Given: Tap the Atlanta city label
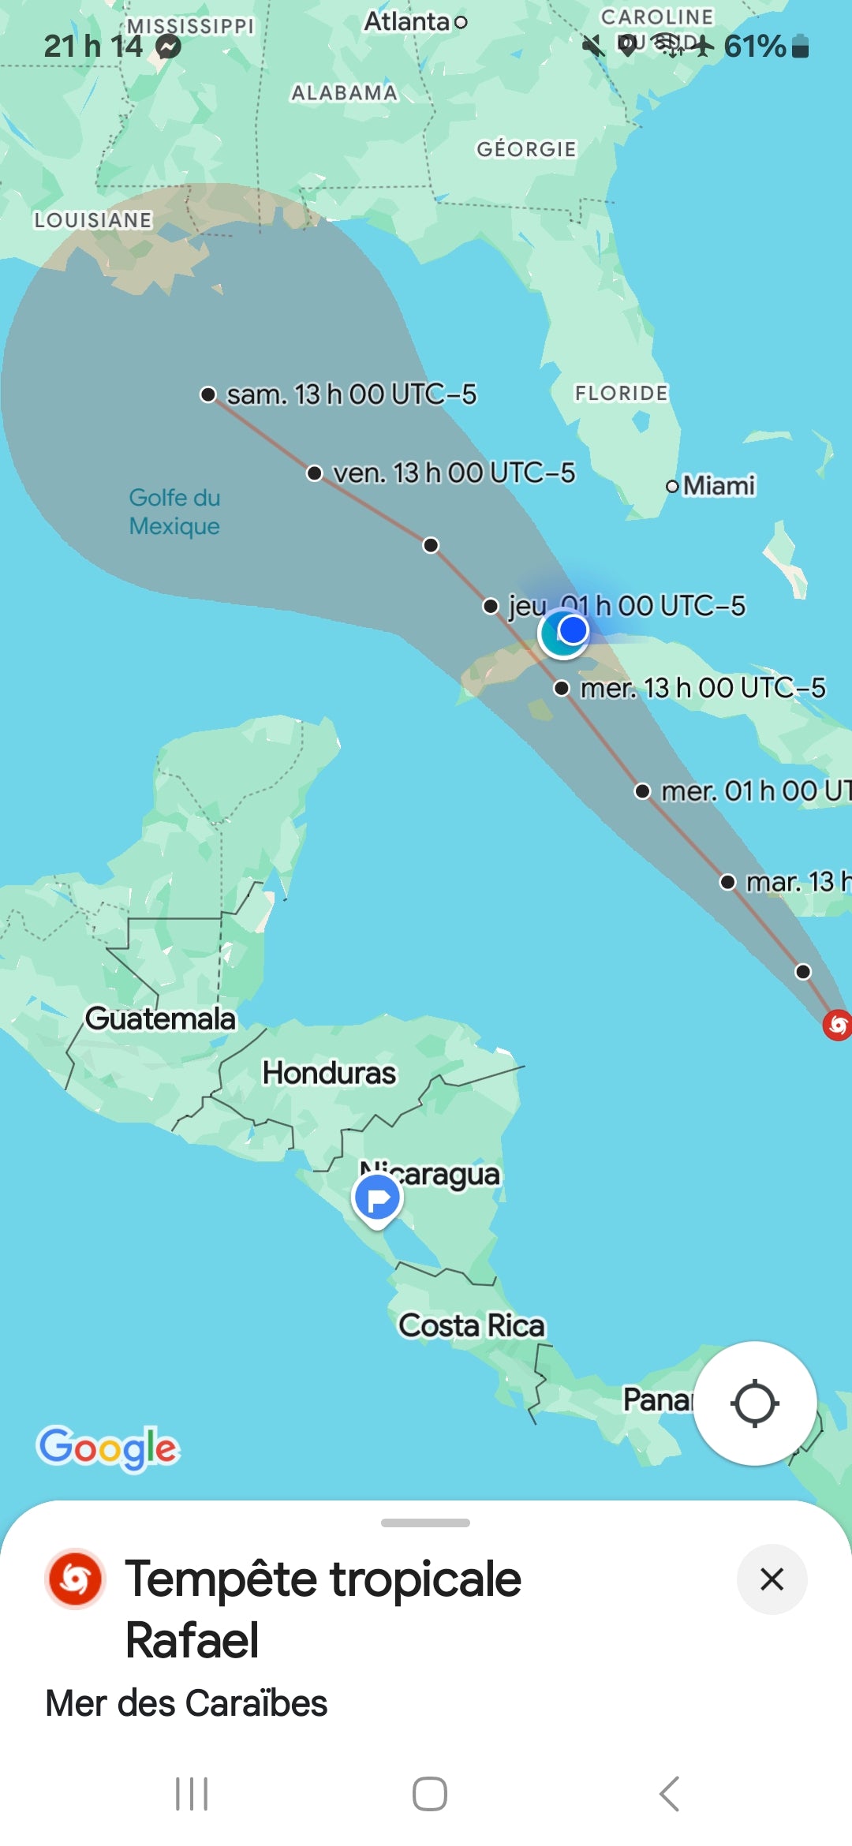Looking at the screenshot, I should pos(407,22).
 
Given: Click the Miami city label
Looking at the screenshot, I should pos(718,485).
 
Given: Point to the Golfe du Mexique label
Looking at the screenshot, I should pos(174,512).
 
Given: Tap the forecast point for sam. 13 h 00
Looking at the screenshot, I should pos(208,394).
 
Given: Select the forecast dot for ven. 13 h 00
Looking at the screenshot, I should pos(315,473).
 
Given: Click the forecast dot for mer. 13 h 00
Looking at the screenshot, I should pos(562,689).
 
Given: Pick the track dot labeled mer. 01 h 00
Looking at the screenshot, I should pos(643,791).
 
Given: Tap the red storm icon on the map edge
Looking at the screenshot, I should pos(837,1025).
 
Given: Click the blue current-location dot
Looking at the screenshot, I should pos(573,630).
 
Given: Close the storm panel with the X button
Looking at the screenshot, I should pos(772,1579).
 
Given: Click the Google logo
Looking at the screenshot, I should pos(108,1448).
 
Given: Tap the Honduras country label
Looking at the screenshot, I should pos(329,1073).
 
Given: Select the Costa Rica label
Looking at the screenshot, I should pos(471,1325).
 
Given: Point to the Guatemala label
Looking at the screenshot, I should pos(160,1018).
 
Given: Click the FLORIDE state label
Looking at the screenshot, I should pos(621,393).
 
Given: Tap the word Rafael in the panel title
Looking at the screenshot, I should pos(192,1640).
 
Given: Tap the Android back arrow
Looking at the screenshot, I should pos(669,1794).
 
